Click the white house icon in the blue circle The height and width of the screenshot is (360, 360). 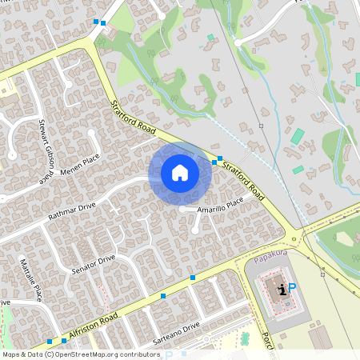(179, 172)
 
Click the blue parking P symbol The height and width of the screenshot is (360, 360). (291, 289)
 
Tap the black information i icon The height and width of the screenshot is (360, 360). (281, 289)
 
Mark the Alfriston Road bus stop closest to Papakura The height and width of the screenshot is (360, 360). (192, 277)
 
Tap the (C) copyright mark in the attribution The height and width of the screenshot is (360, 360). (49, 354)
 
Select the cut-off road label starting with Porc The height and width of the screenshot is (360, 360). (268, 344)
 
